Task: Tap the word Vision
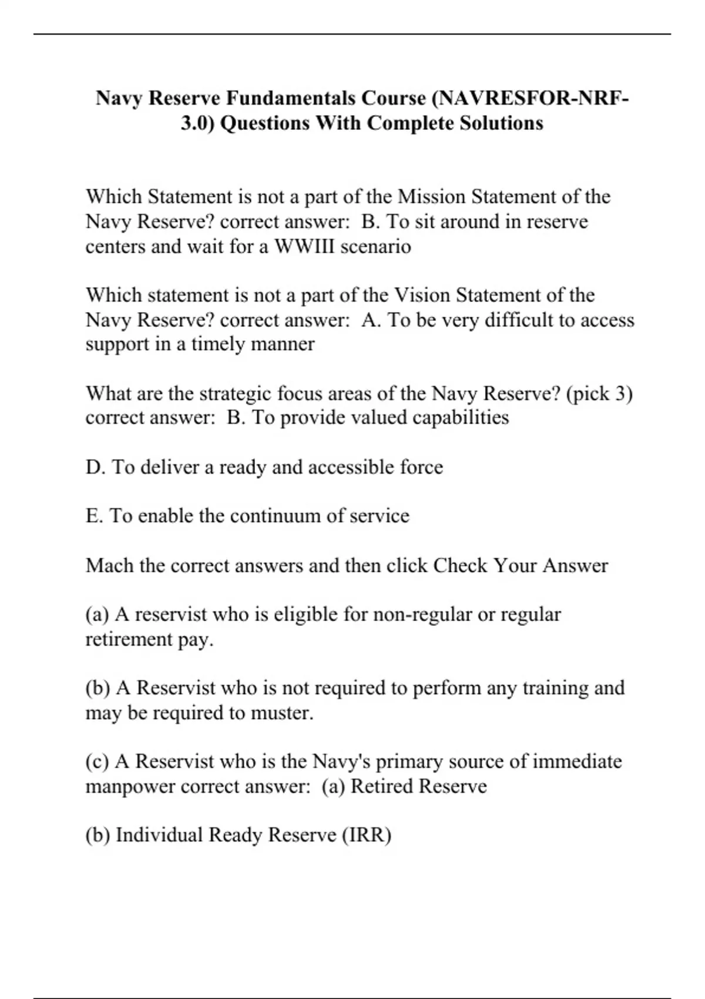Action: [421, 294]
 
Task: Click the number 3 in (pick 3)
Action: [620, 393]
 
